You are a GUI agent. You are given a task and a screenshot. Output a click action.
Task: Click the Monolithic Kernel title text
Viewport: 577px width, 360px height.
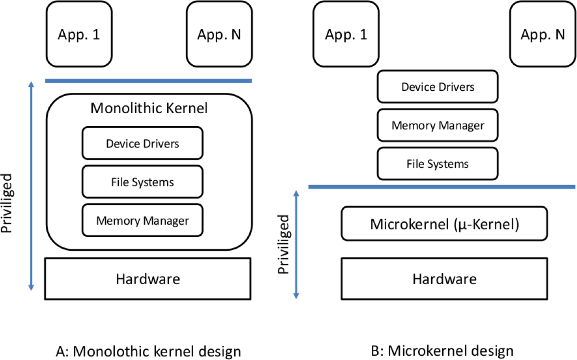click(x=149, y=108)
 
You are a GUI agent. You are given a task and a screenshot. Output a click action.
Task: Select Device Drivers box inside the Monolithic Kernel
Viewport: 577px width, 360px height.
click(x=142, y=144)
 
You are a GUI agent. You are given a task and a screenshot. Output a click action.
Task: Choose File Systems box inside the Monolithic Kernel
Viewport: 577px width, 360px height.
click(x=142, y=182)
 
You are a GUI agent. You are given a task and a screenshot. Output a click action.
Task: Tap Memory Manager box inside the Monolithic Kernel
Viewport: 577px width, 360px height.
click(x=142, y=221)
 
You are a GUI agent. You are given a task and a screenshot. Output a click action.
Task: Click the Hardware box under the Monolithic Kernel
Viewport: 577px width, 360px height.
click(x=148, y=278)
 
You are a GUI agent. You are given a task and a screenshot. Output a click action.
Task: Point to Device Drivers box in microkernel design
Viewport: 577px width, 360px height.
click(x=437, y=86)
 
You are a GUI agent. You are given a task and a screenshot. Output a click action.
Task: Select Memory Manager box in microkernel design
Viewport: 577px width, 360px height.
click(x=437, y=125)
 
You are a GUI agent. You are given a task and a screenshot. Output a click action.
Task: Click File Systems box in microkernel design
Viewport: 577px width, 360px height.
click(x=437, y=164)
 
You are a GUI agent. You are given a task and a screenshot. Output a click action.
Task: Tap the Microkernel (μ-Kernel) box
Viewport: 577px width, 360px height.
click(x=444, y=224)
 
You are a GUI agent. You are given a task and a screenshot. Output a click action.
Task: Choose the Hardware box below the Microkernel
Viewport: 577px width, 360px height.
click(x=444, y=278)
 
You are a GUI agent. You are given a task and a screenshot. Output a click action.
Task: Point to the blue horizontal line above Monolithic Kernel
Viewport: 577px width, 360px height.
click(x=148, y=81)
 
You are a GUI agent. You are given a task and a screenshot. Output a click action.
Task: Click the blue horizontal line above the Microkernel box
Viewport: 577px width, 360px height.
click(x=441, y=187)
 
